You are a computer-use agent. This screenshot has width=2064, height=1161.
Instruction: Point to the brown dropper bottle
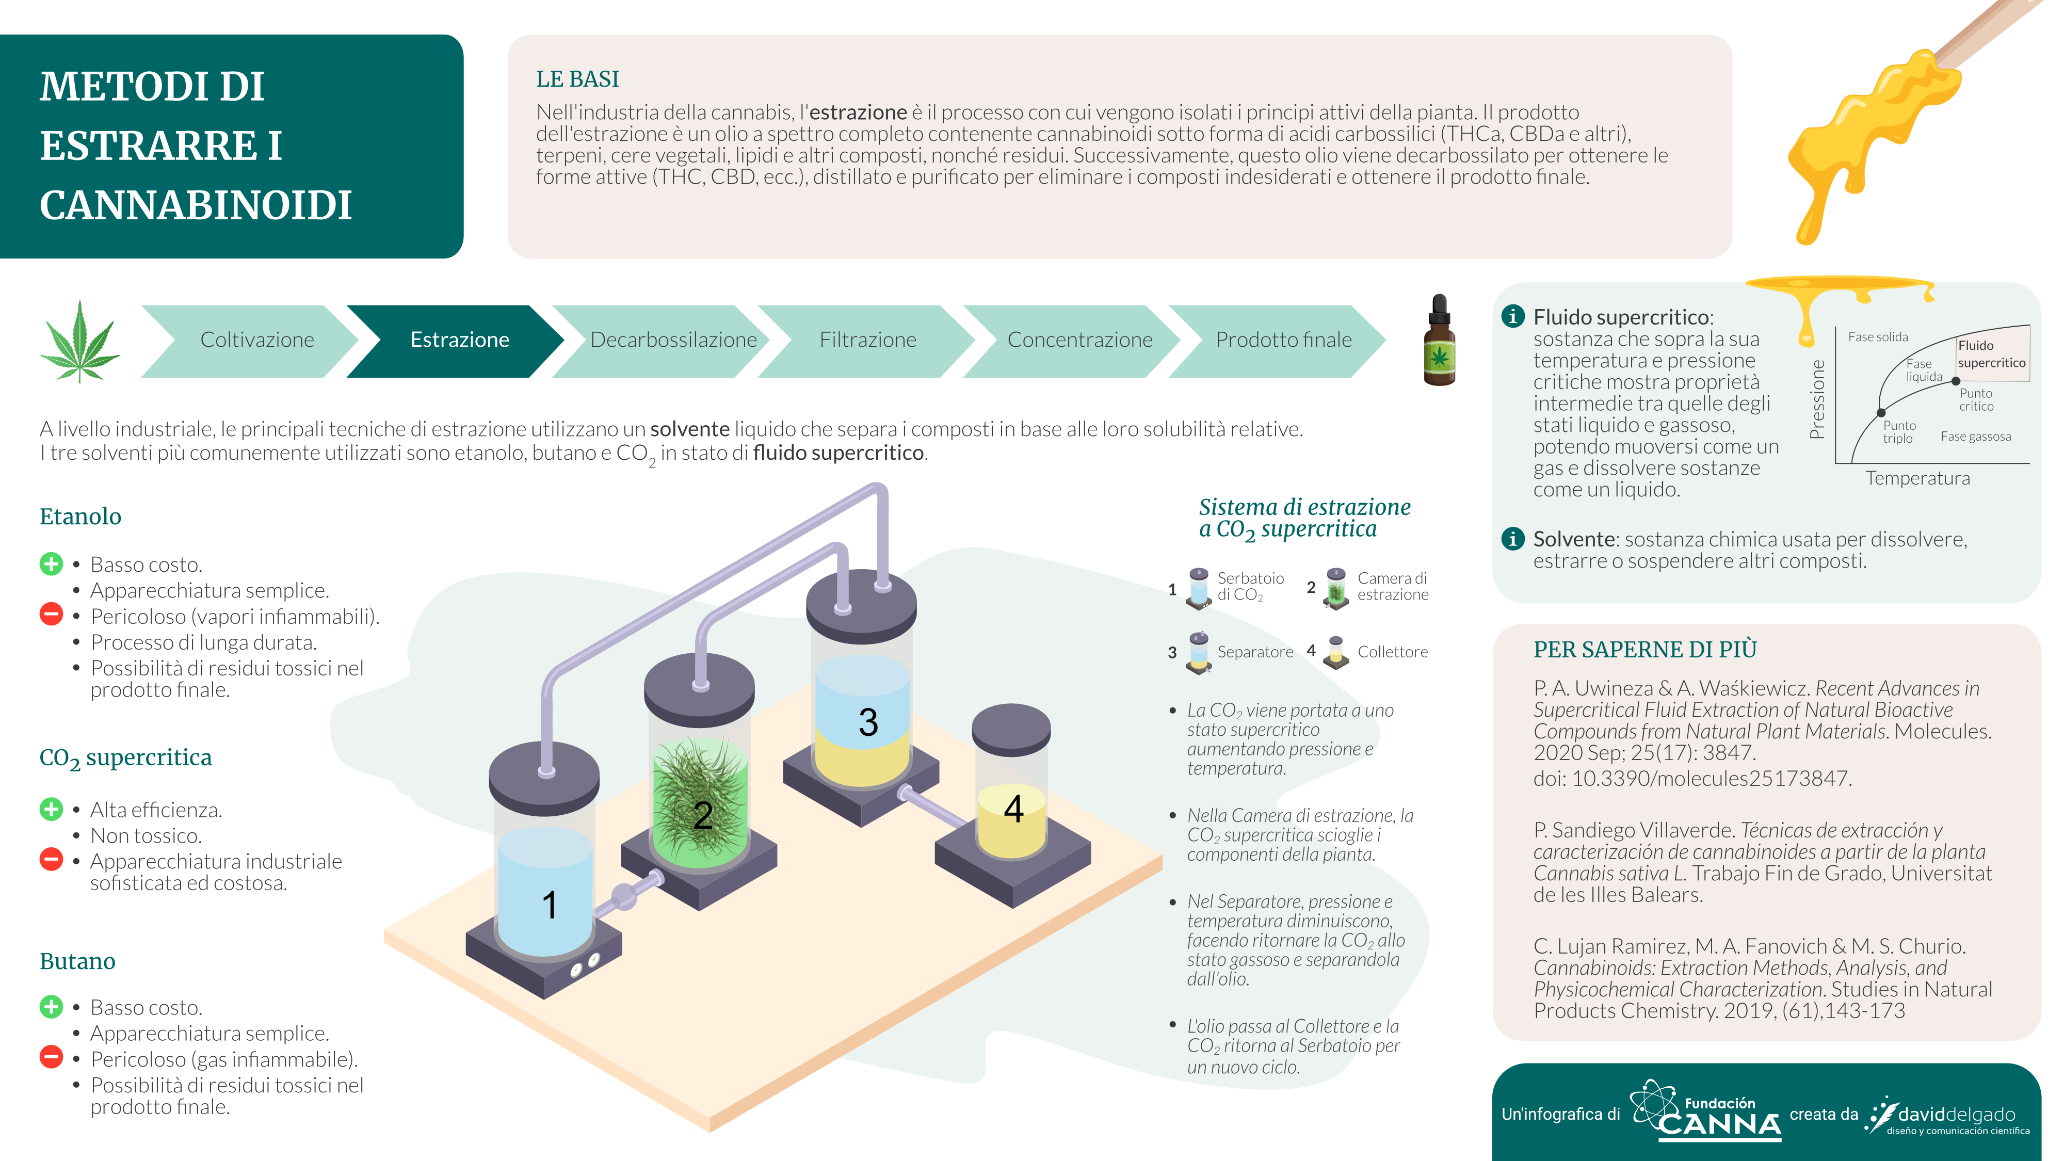point(1439,340)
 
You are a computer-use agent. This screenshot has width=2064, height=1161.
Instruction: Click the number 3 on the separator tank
point(868,722)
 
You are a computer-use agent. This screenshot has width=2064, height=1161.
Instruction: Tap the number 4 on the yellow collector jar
point(1013,809)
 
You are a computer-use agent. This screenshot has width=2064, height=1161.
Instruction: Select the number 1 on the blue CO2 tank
point(549,906)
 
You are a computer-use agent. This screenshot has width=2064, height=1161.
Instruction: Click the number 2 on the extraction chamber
point(703,816)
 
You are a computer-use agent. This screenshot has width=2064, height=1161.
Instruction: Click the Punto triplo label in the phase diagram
point(1899,432)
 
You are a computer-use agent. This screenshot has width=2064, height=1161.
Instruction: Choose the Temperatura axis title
point(1917,478)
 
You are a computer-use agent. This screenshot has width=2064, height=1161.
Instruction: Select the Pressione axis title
point(1817,399)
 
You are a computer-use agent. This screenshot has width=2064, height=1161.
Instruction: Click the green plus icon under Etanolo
point(51,564)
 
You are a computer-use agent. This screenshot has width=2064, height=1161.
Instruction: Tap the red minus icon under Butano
point(51,1058)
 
